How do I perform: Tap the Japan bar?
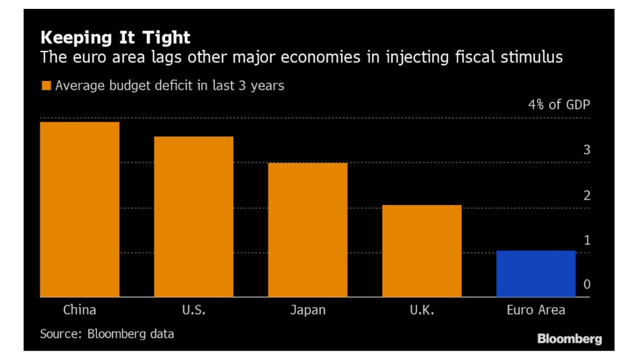click(307, 230)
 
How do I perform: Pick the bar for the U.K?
click(421, 251)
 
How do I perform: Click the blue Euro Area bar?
click(535, 273)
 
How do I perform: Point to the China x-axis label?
click(80, 310)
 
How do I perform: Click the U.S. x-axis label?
click(193, 310)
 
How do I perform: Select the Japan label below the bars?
click(307, 311)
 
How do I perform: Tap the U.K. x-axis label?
click(421, 310)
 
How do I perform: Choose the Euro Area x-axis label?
click(535, 310)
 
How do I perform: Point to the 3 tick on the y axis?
click(586, 150)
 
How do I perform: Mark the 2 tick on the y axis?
click(586, 196)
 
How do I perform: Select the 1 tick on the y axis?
click(586, 240)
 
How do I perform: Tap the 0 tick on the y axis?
click(586, 285)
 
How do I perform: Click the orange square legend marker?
click(46, 85)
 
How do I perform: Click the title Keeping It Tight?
click(115, 38)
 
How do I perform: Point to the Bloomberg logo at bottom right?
click(569, 339)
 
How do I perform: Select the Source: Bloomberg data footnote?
click(106, 334)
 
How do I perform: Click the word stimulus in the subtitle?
click(532, 57)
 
